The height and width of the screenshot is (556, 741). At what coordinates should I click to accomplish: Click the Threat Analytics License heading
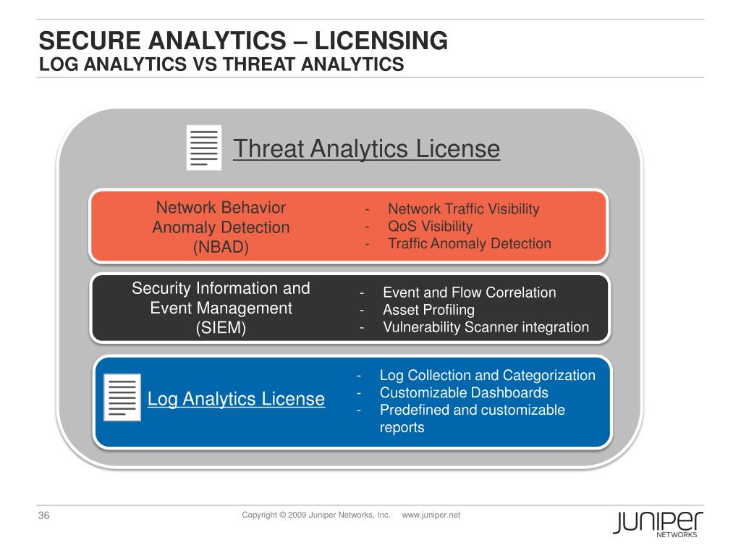(x=366, y=149)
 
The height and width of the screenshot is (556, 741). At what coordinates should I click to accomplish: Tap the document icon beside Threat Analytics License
(x=203, y=148)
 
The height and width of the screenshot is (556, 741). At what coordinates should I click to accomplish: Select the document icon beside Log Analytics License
(x=122, y=397)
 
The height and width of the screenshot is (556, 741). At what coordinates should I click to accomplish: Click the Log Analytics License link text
(x=236, y=399)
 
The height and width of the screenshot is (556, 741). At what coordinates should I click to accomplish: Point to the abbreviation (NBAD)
(x=221, y=247)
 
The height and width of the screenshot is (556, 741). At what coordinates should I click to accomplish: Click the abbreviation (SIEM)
(x=221, y=328)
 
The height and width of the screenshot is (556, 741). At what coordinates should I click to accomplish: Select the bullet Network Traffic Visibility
(x=464, y=209)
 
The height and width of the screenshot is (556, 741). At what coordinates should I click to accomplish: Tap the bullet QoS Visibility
(x=430, y=226)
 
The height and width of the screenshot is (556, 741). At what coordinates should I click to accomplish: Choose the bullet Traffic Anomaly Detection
(x=470, y=243)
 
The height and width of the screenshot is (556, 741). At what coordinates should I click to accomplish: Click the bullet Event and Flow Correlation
(x=469, y=293)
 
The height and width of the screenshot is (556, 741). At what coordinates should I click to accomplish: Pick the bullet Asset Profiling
(x=428, y=310)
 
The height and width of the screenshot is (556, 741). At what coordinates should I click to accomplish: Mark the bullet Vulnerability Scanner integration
(x=486, y=327)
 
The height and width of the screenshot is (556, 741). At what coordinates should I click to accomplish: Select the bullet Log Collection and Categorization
(x=487, y=376)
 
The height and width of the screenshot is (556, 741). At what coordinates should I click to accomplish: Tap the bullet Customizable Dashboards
(x=464, y=393)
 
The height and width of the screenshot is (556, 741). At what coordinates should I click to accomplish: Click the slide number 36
(x=43, y=516)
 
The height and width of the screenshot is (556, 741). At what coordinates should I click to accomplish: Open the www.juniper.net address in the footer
(x=431, y=515)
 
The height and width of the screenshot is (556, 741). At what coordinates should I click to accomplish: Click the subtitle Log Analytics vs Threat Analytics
(x=221, y=64)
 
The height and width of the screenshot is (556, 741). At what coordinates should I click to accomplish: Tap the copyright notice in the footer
(x=316, y=515)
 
